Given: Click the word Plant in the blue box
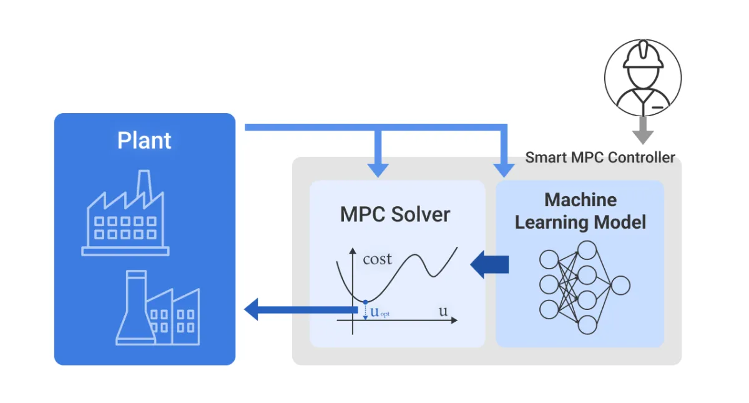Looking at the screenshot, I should click(144, 141).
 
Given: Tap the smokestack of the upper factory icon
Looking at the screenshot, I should click(144, 182).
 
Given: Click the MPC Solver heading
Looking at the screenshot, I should click(394, 214).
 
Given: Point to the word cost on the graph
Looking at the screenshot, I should click(377, 259).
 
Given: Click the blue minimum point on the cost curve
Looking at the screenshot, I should click(365, 302).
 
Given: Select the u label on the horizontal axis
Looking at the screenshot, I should click(443, 311).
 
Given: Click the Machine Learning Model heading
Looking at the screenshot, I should click(580, 211).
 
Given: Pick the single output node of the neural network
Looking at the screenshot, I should click(620, 286).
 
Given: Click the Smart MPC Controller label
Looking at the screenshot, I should click(600, 157).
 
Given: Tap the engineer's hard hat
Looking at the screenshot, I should click(642, 58).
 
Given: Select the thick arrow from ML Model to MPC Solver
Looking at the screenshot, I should click(489, 264).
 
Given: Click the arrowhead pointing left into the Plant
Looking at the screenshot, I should click(251, 309).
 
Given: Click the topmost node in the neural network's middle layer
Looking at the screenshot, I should click(587, 250).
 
